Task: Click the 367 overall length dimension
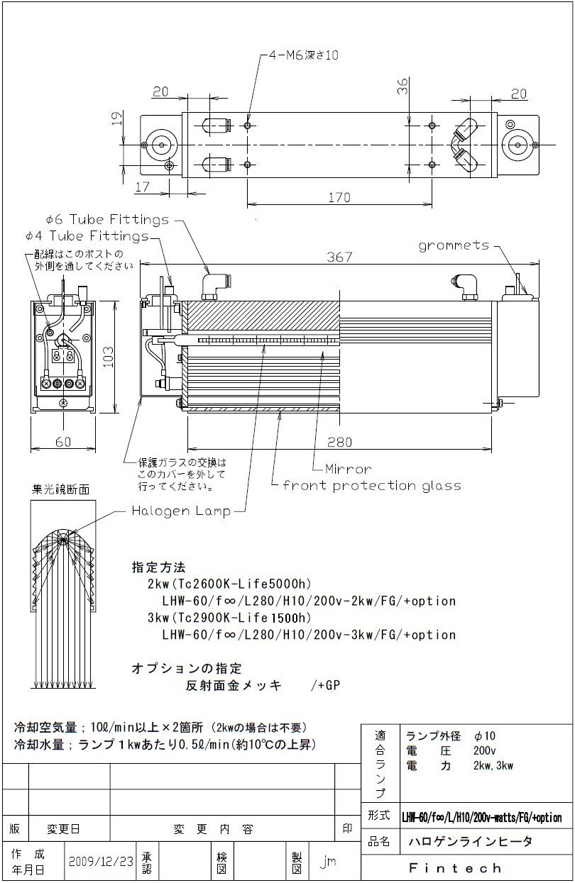tap(339, 257)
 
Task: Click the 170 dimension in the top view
tap(339, 198)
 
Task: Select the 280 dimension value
tap(339, 442)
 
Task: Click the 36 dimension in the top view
tap(402, 86)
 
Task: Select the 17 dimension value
tap(142, 187)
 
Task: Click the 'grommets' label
tap(454, 245)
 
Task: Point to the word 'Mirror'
tap(348, 469)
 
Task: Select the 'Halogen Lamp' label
tap(181, 511)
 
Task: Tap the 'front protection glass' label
tap(372, 486)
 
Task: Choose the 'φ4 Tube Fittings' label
tap(87, 235)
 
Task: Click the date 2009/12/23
tap(101, 861)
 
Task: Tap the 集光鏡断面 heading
tap(61, 489)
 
